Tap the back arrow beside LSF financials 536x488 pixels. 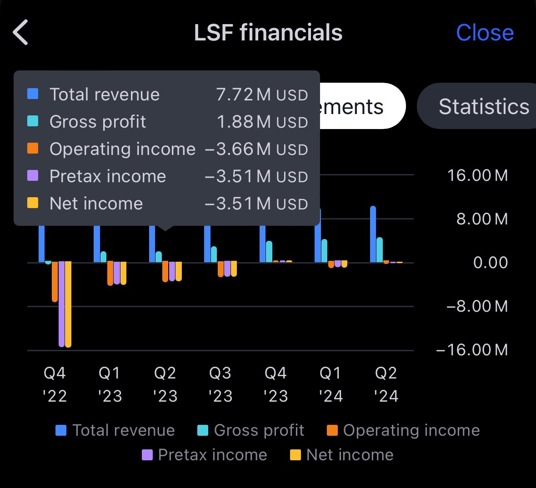coord(20,32)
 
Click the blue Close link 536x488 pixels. coord(485,33)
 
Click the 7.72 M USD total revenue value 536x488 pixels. coord(262,95)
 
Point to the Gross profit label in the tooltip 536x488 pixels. coord(98,122)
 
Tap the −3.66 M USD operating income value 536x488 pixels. coord(256,149)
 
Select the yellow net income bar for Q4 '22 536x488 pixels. coord(68,304)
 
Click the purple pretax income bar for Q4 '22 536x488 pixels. coord(61,304)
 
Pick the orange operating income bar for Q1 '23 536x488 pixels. coord(110,273)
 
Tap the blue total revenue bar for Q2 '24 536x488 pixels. coord(373,234)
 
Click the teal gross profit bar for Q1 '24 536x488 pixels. coord(325,251)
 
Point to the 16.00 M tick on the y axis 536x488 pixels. coord(477,175)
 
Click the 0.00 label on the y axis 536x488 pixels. coord(491,263)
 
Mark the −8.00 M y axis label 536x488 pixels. coord(477,306)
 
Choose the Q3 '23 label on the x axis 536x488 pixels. coord(220,384)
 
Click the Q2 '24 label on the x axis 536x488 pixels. coord(386,384)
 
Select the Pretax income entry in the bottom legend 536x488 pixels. coord(205,455)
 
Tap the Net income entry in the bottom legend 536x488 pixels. coord(342,455)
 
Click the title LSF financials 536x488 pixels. coord(268,32)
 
